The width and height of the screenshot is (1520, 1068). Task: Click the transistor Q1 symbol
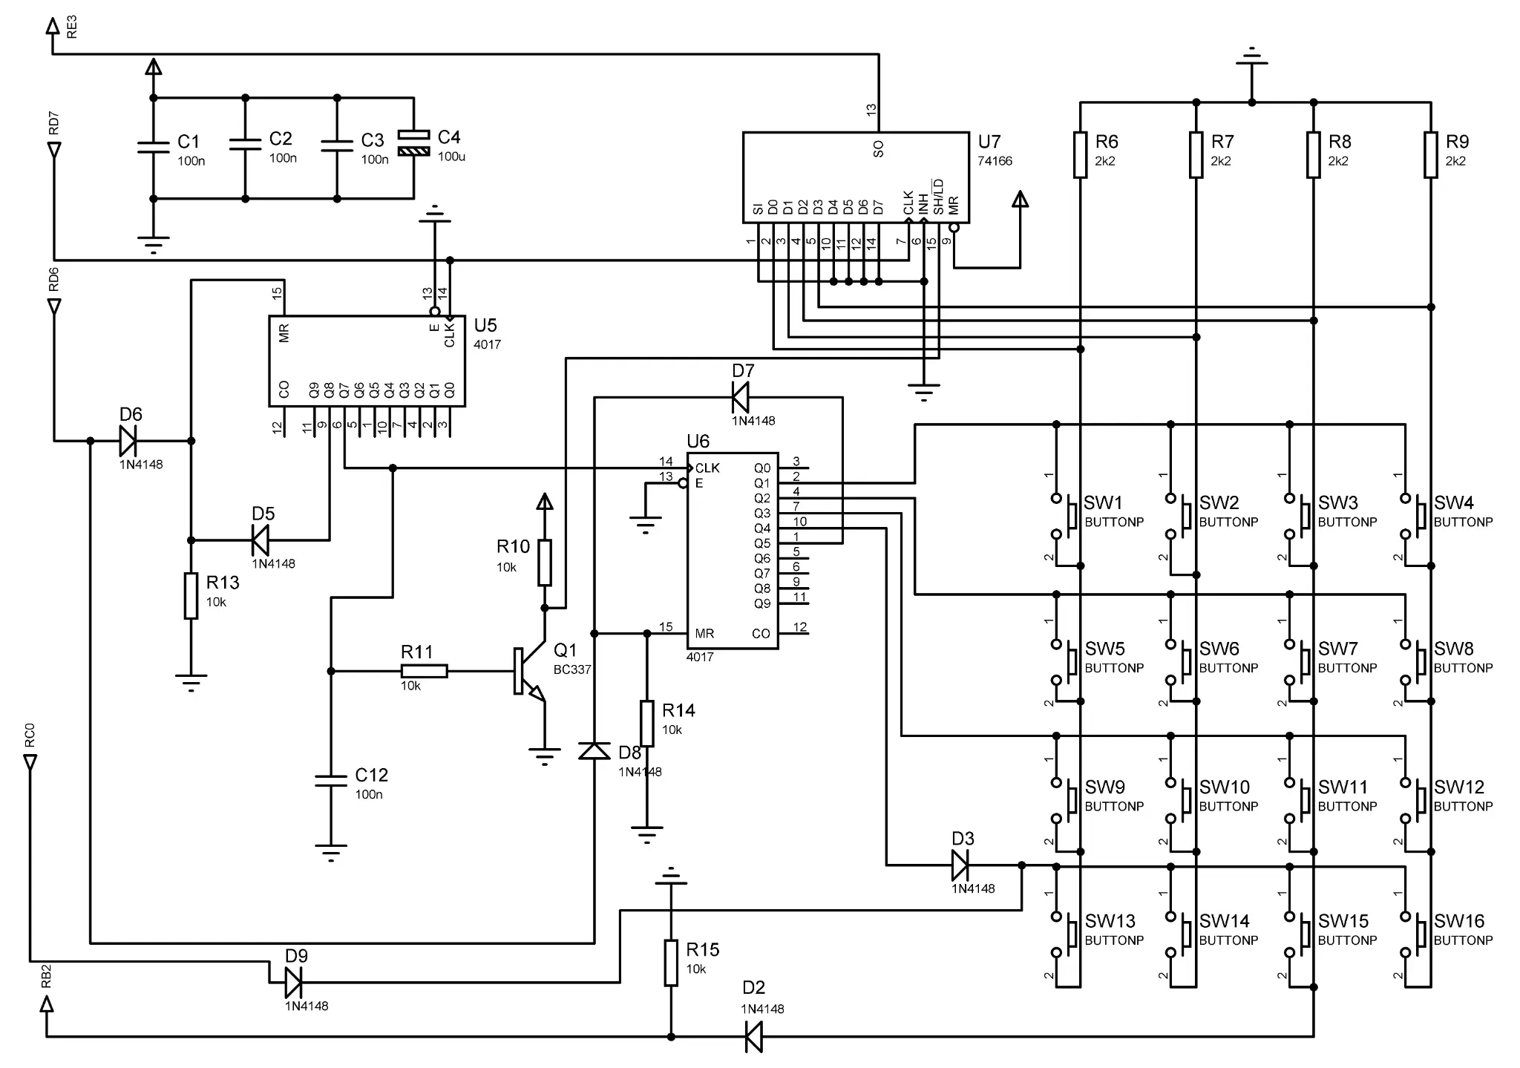click(x=528, y=672)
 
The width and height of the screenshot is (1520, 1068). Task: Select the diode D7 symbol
click(x=741, y=397)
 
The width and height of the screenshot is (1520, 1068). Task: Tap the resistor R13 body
click(x=191, y=595)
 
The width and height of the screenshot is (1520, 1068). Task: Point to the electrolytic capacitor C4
click(x=413, y=143)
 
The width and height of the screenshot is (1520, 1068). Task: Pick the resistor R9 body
click(x=1431, y=154)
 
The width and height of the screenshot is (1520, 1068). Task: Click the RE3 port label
click(x=72, y=27)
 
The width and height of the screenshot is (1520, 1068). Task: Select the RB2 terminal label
click(x=46, y=977)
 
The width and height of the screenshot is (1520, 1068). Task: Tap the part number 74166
click(x=995, y=161)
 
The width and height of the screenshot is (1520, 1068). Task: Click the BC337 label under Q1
click(x=572, y=669)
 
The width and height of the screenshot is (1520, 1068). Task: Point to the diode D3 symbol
click(x=960, y=865)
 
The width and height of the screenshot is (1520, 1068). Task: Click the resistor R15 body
click(x=671, y=963)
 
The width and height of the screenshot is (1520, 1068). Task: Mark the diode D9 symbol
click(x=294, y=983)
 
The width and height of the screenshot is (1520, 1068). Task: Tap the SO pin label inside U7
click(x=879, y=149)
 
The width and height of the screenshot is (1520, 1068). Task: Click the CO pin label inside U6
click(x=761, y=634)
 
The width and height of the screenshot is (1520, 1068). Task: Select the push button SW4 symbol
click(x=1413, y=516)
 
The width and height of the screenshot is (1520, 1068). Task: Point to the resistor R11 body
click(x=424, y=671)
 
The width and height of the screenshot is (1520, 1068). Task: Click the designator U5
click(x=485, y=325)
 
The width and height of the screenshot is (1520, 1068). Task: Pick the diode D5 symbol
click(x=260, y=540)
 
